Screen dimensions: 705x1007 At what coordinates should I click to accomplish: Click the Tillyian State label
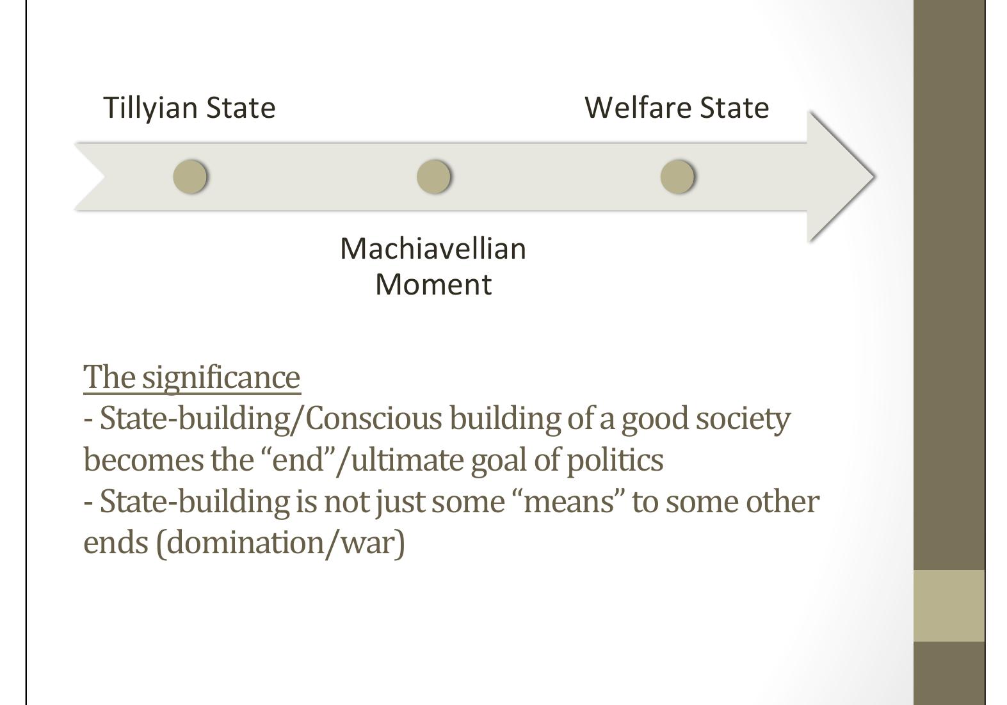coord(189,108)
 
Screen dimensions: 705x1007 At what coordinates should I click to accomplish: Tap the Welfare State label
coord(677,108)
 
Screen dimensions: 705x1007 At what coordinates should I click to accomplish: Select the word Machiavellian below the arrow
coord(433,248)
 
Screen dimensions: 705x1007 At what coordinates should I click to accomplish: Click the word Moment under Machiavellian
coord(433,284)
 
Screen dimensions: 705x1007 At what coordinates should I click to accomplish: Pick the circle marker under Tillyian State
coord(190,176)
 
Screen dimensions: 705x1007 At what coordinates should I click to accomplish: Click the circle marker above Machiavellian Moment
coord(433,176)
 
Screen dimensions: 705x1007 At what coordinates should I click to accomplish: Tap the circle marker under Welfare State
coord(677,176)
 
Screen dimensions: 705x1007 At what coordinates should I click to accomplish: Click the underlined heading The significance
coord(191,377)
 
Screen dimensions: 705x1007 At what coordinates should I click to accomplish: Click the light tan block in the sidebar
coord(948,605)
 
